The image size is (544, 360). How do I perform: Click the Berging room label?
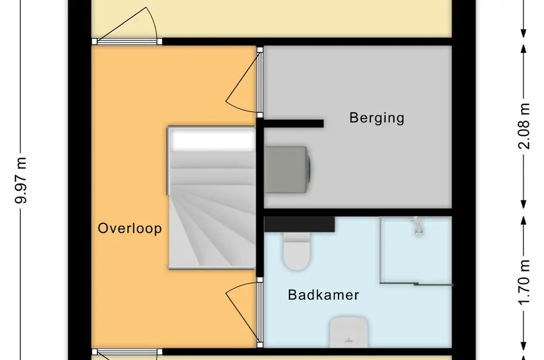(x=376, y=118)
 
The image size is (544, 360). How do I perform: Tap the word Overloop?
(x=130, y=228)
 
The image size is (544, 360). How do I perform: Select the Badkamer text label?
(x=324, y=295)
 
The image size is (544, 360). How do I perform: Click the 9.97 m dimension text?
(x=22, y=180)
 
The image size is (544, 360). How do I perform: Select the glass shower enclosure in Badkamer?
(x=416, y=251)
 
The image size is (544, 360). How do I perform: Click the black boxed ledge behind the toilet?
(x=299, y=223)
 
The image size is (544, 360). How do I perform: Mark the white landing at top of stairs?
(x=212, y=139)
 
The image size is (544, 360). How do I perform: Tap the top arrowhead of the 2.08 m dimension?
(x=524, y=49)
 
